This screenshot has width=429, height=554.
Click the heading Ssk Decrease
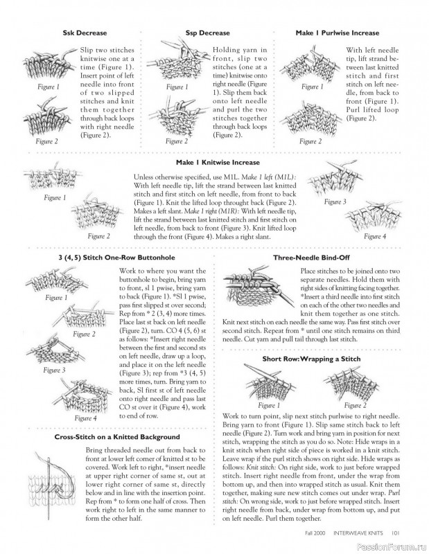coord(85,33)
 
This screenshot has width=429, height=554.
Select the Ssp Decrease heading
coord(208,33)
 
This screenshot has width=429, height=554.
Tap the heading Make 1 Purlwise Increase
coord(338,33)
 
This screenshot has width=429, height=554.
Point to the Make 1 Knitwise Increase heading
coord(218,163)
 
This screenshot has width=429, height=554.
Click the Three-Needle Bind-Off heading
coord(311,258)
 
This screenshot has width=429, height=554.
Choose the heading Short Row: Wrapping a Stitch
coord(311,359)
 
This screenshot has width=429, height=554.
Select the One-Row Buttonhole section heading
coord(116,258)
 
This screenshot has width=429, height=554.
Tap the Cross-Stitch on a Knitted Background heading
coord(117,437)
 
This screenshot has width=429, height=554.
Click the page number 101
coord(396,533)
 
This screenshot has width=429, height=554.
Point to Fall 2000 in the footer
coord(315,533)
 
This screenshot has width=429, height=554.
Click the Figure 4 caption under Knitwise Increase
coord(375,236)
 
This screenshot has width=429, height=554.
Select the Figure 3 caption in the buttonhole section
coord(54,370)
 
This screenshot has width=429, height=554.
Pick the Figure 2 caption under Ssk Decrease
coord(46,141)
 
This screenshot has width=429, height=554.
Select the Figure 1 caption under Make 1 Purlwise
coord(313,87)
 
